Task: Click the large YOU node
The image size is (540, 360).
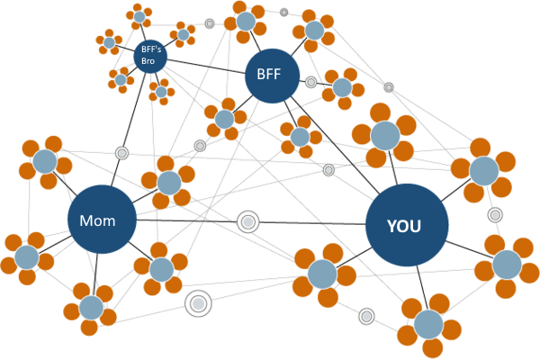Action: coord(407,225)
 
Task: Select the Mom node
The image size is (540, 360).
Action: coord(102,220)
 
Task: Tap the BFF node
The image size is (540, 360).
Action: coord(272,74)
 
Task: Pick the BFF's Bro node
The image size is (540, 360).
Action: coord(150,56)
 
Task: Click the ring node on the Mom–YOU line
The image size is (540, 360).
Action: coord(247,222)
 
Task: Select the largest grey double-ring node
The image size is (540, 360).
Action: coord(199,304)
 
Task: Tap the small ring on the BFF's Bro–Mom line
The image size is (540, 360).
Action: coord(121,153)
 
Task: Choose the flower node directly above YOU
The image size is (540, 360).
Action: coord(385,135)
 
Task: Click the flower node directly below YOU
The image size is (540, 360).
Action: coord(428,323)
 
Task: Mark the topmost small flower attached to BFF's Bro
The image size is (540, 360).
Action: coord(139,15)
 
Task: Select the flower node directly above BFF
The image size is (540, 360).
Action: coord(245,21)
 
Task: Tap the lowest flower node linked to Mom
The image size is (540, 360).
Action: coord(91,307)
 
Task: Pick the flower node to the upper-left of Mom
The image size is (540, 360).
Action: coord(45,162)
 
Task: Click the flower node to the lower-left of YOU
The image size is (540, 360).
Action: coord(321,274)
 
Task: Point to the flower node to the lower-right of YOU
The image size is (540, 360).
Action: coord(507,264)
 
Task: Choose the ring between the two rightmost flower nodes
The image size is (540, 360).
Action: coord(495,215)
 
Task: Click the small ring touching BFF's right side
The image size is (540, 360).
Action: coord(310,82)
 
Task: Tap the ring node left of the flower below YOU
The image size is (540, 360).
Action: coord(366,316)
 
